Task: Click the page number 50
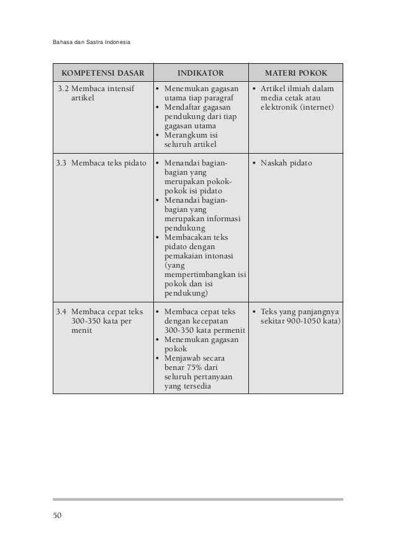click(x=58, y=515)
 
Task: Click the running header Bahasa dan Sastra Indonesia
click(x=92, y=43)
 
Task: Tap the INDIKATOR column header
click(x=200, y=72)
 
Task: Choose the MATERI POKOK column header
click(x=295, y=72)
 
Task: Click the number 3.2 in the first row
click(x=63, y=89)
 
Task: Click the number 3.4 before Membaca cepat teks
click(x=60, y=312)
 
